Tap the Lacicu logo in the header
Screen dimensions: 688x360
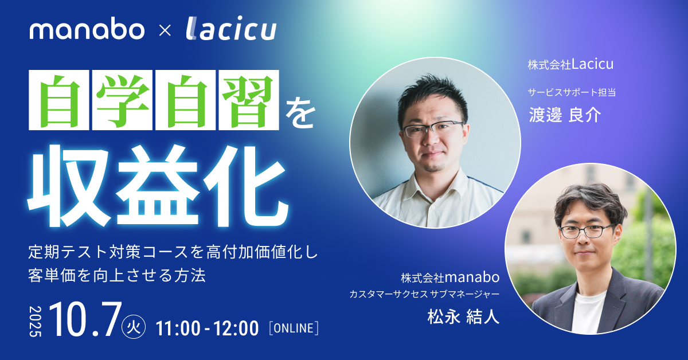231,28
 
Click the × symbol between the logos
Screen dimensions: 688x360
165,31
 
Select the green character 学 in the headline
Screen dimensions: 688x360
122,100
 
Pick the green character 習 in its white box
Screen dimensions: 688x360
249,100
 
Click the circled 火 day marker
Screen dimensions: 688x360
134,327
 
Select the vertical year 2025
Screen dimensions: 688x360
36,321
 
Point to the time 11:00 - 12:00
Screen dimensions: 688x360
208,328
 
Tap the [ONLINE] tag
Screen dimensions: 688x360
294,328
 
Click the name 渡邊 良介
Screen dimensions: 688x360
565,115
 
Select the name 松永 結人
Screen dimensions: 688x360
463,316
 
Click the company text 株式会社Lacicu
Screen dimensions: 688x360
570,64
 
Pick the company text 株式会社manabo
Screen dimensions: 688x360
450,277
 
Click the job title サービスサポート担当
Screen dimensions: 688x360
572,92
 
